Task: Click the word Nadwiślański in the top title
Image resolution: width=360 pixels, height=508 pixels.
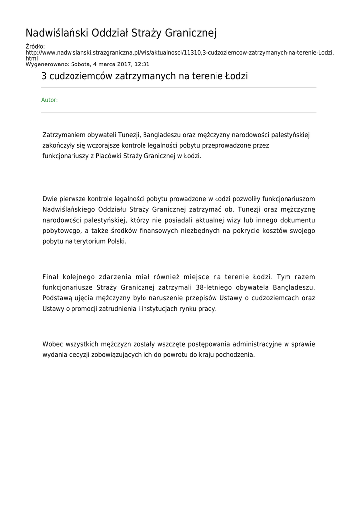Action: coord(58,33)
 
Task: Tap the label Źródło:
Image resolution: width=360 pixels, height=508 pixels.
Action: coord(35,46)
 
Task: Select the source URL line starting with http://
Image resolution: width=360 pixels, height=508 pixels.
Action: coord(179,52)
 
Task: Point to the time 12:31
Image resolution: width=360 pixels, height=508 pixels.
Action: coord(141,64)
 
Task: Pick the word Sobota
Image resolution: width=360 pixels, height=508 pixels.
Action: coord(80,64)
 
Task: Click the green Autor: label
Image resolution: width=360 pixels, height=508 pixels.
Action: coord(49,100)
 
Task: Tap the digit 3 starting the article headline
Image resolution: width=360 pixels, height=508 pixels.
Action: coord(44,77)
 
